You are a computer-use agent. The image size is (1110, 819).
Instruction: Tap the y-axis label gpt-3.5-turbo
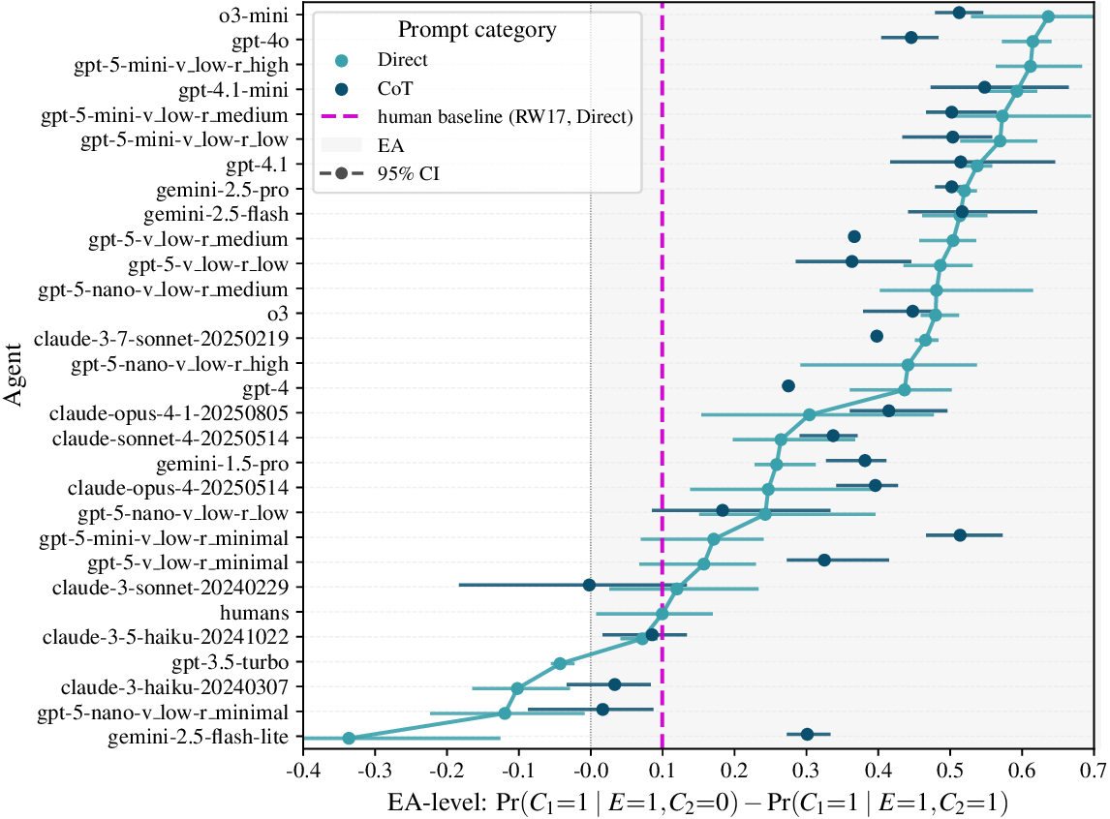(x=233, y=663)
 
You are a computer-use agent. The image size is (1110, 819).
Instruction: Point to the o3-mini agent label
(x=254, y=15)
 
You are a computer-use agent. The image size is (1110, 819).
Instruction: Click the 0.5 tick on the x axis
(x=950, y=770)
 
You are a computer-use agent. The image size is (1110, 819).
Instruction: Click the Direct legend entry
(x=403, y=60)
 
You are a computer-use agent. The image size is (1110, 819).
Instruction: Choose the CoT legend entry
(x=395, y=88)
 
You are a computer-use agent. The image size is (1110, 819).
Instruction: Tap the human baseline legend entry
(x=506, y=117)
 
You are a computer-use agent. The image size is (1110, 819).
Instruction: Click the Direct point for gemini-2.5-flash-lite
(x=349, y=738)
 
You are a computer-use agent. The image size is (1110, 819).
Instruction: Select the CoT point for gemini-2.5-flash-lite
(x=807, y=735)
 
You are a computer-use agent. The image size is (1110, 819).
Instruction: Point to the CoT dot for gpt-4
(x=788, y=386)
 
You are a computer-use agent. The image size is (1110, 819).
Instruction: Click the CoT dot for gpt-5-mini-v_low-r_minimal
(x=960, y=534)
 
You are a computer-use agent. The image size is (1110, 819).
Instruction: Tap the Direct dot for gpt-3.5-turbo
(x=559, y=663)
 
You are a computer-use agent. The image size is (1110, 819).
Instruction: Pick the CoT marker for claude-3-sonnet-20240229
(x=589, y=585)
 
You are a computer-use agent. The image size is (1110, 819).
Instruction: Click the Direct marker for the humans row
(x=663, y=613)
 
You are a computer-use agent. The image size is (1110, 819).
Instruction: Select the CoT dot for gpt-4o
(x=910, y=38)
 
